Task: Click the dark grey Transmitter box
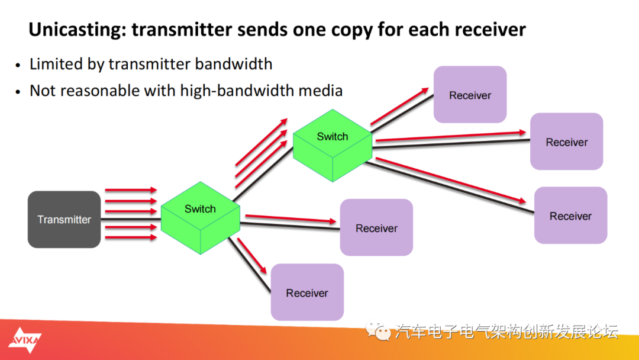[x=64, y=219]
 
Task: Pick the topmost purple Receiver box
[x=470, y=95]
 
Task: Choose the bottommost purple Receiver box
[x=307, y=292]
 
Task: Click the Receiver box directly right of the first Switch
[x=376, y=228]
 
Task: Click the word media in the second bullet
[x=322, y=91]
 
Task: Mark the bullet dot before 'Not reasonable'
[x=19, y=92]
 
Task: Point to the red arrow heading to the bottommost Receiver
[x=251, y=252]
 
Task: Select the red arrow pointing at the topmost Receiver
[x=399, y=107]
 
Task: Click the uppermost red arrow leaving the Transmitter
[x=130, y=190]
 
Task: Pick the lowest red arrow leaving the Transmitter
[x=130, y=237]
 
